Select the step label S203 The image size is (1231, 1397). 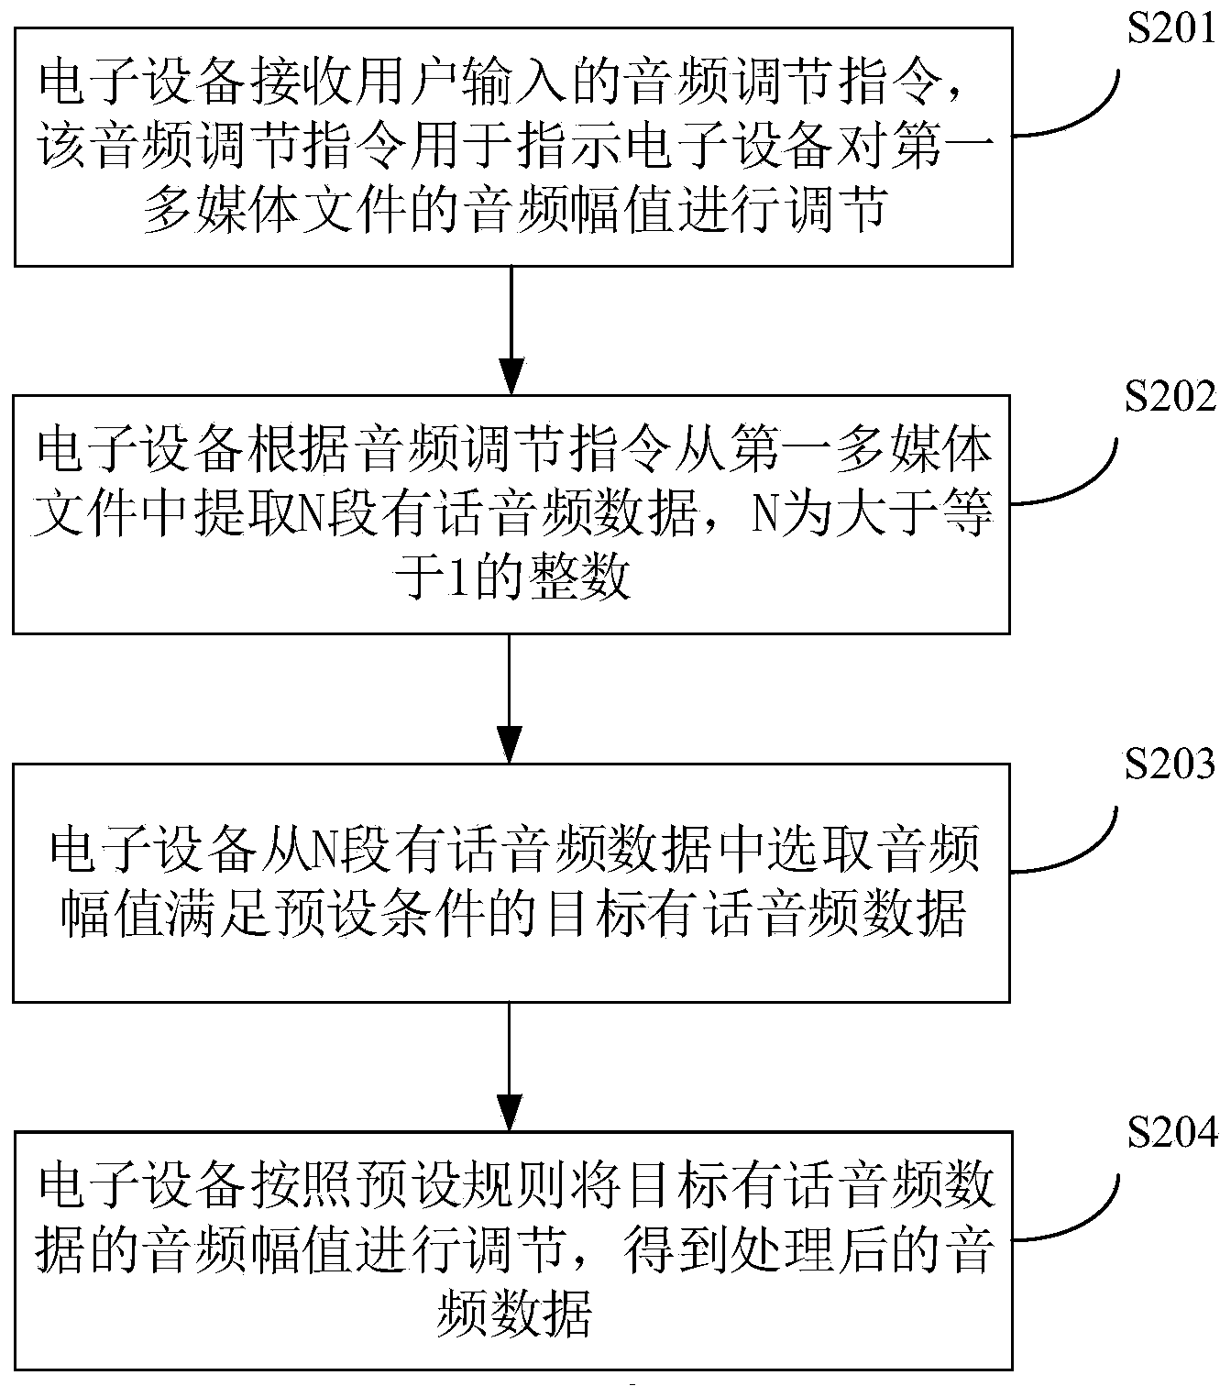[x=1171, y=764]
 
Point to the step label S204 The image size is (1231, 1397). [x=1171, y=1133]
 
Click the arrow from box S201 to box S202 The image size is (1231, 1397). [x=510, y=330]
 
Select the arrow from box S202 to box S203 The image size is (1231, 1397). [x=510, y=698]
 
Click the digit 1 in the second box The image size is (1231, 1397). [x=449, y=580]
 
